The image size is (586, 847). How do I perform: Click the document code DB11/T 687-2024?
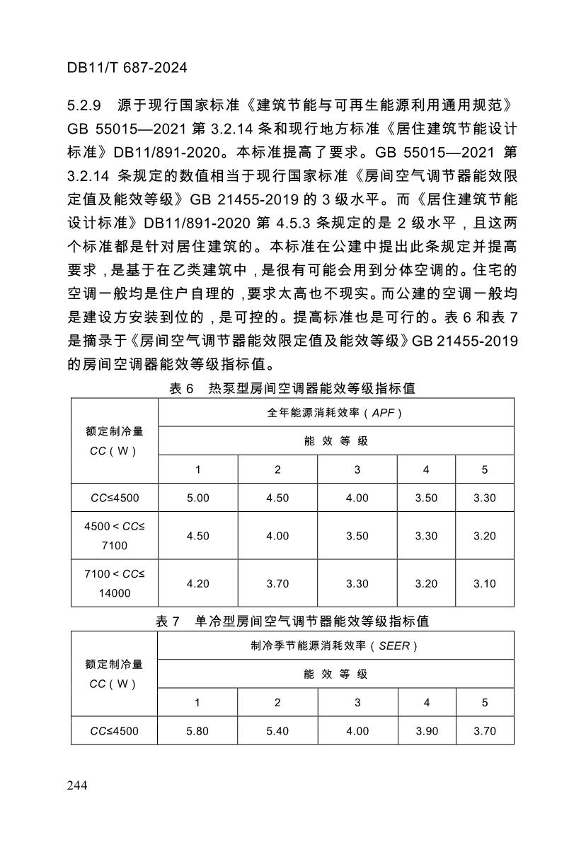127,68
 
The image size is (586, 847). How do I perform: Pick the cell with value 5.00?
198,498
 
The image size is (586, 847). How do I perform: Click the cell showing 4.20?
198,583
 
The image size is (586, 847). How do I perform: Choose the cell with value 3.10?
485,583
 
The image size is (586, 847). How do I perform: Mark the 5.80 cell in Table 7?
197,731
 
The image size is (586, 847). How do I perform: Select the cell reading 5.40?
277,731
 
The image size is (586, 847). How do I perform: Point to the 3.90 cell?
427,731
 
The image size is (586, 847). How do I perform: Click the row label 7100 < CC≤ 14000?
114,583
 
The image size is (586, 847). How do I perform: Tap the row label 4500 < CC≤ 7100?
114,536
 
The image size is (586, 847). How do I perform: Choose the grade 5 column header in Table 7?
485,703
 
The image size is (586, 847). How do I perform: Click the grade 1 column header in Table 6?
198,469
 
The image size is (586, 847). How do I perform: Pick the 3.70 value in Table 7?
485,731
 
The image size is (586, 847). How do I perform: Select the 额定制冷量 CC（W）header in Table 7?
114,674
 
